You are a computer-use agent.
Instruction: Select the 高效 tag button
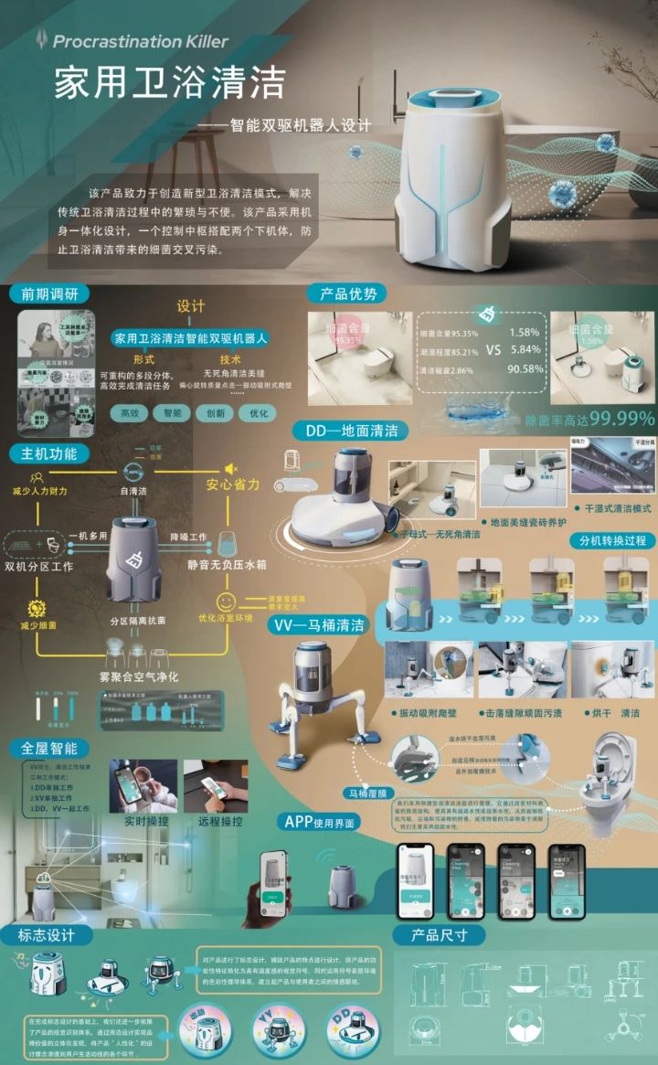pos(132,413)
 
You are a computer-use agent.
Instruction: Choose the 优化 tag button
pos(259,413)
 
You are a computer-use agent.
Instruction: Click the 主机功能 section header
pos(49,453)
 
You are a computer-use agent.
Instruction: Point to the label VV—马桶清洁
pos(319,625)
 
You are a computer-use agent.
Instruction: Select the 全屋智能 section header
pos(49,747)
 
